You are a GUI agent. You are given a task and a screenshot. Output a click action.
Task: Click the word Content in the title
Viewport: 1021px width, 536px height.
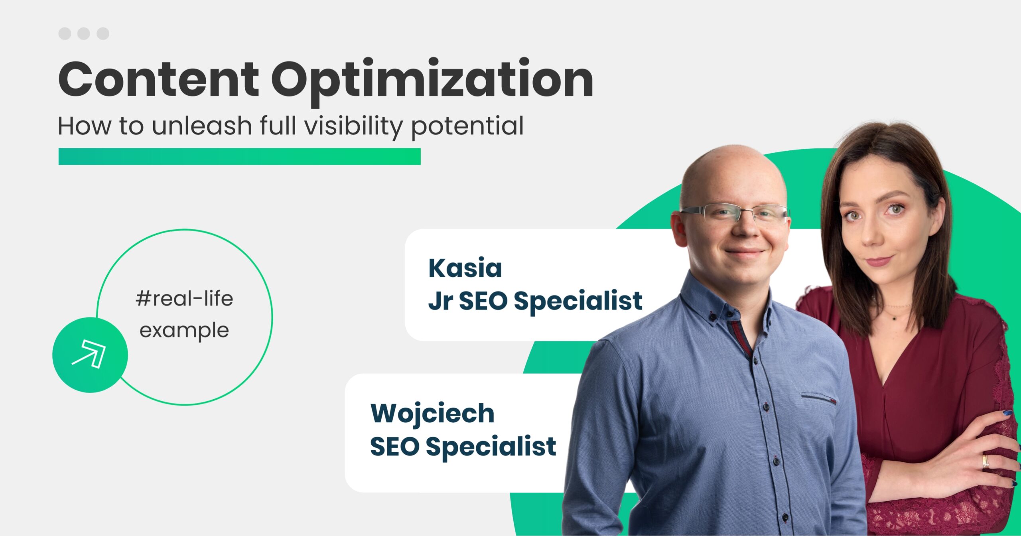coord(159,79)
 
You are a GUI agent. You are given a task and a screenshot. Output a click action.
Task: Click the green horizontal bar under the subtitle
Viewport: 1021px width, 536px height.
coord(239,156)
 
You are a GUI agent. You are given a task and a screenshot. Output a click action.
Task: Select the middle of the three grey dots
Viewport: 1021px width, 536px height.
coord(83,33)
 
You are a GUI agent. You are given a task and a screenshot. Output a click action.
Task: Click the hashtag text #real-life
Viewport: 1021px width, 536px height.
coord(184,298)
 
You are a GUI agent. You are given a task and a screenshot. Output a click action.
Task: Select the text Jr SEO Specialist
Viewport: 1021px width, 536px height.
coord(535,301)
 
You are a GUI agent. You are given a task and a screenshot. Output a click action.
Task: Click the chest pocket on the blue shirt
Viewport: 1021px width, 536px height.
coord(818,399)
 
